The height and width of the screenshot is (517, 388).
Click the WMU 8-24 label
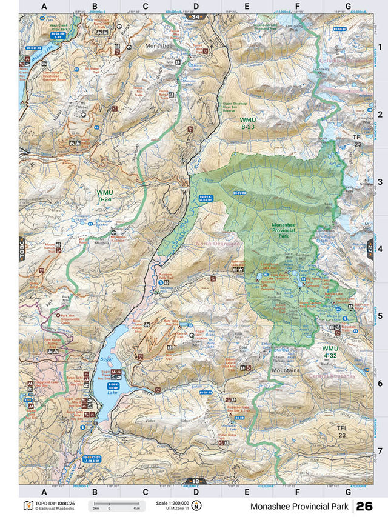click(104, 195)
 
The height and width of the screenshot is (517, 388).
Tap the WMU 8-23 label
click(247, 123)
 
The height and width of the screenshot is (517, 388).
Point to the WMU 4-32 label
click(330, 352)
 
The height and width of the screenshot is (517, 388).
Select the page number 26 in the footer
click(364, 505)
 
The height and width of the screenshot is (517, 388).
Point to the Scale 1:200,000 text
click(172, 502)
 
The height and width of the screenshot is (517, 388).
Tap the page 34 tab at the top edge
click(194, 16)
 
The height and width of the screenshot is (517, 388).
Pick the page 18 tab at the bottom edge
click(194, 482)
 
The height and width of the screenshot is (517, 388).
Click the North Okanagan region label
click(218, 244)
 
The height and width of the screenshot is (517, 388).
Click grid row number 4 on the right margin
click(380, 248)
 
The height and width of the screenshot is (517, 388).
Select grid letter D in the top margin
click(196, 6)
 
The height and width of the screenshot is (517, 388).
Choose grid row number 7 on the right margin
click(380, 450)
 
